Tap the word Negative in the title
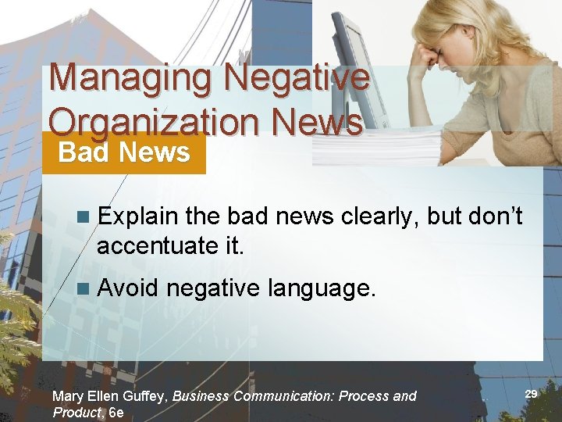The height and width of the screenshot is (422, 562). [297, 79]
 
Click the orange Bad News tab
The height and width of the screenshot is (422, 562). [124, 152]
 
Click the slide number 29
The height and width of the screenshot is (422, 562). [530, 395]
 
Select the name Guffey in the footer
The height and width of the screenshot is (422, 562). [144, 396]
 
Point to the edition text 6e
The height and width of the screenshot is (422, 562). [116, 413]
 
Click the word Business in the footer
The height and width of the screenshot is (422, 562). [201, 396]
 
